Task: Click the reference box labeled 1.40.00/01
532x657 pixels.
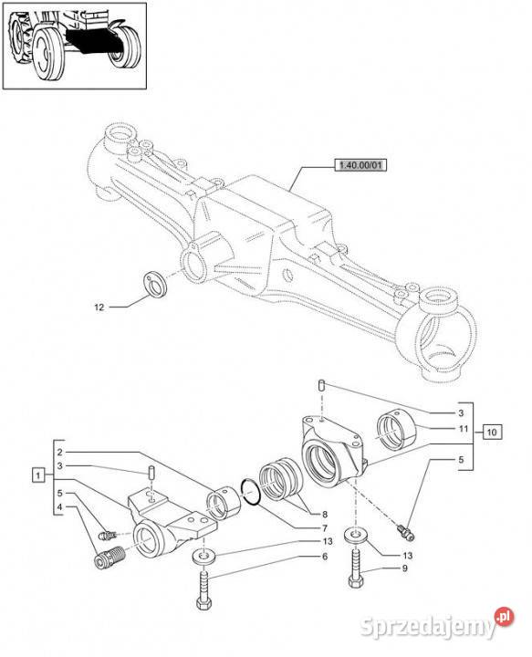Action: click(360, 165)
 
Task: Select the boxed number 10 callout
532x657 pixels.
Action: click(492, 432)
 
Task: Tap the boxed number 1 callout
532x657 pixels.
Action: click(38, 475)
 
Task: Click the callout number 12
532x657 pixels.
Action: click(99, 308)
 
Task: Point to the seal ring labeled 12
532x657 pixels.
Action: click(155, 284)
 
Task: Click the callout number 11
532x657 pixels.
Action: click(463, 429)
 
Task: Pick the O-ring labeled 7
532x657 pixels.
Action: click(251, 493)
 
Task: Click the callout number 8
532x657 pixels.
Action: click(324, 515)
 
